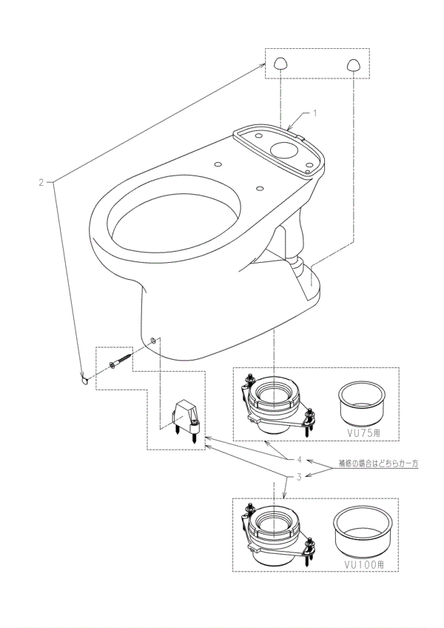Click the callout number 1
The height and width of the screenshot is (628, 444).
click(x=314, y=113)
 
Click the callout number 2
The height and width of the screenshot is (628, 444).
click(x=41, y=183)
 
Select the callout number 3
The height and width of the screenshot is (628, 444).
click(x=299, y=477)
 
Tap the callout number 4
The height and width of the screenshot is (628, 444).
click(x=299, y=459)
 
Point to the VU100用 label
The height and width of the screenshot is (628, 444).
click(x=364, y=564)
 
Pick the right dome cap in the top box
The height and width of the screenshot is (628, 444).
click(x=353, y=65)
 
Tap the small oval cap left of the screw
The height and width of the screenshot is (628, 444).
click(x=84, y=379)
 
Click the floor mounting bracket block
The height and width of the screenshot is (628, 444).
click(x=185, y=419)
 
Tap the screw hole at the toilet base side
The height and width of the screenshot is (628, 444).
click(x=152, y=340)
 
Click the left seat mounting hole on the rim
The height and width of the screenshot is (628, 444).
click(x=218, y=164)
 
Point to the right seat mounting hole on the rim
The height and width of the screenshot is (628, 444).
click(x=260, y=187)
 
